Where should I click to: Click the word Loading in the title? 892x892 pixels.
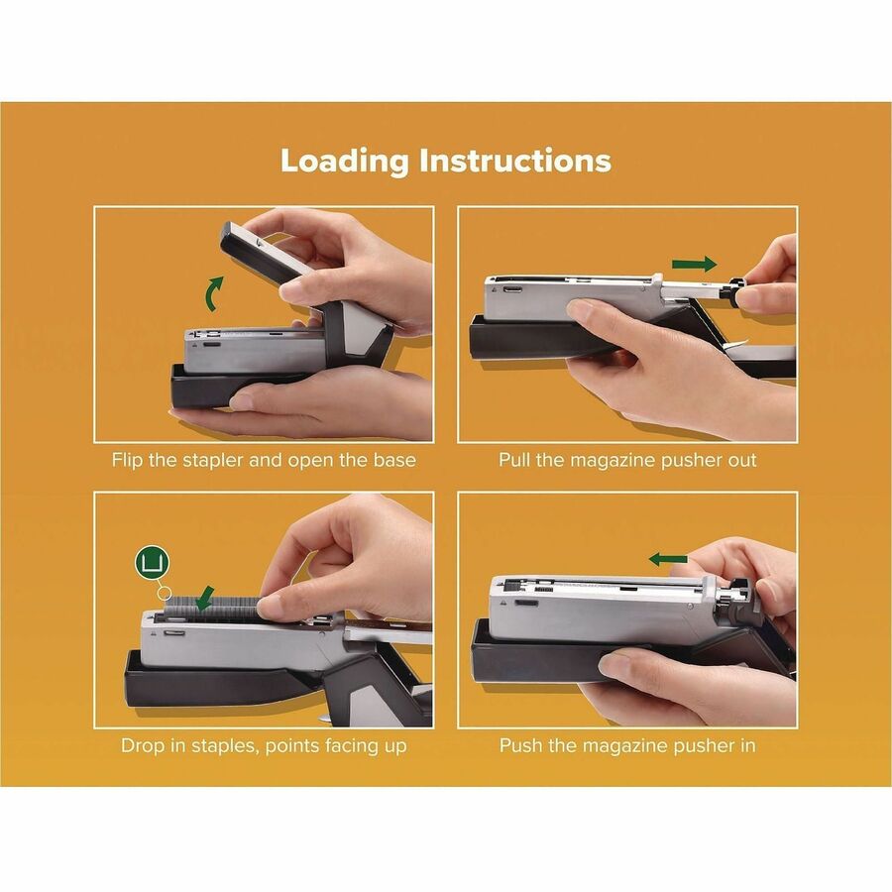[344, 161]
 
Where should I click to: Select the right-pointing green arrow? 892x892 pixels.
[693, 265]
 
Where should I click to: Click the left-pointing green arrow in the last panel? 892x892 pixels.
[668, 560]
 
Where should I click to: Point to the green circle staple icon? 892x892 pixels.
[153, 564]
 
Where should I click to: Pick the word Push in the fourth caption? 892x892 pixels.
[520, 745]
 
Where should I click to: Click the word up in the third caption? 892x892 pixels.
[394, 745]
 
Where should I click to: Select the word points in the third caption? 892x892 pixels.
[294, 745]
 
